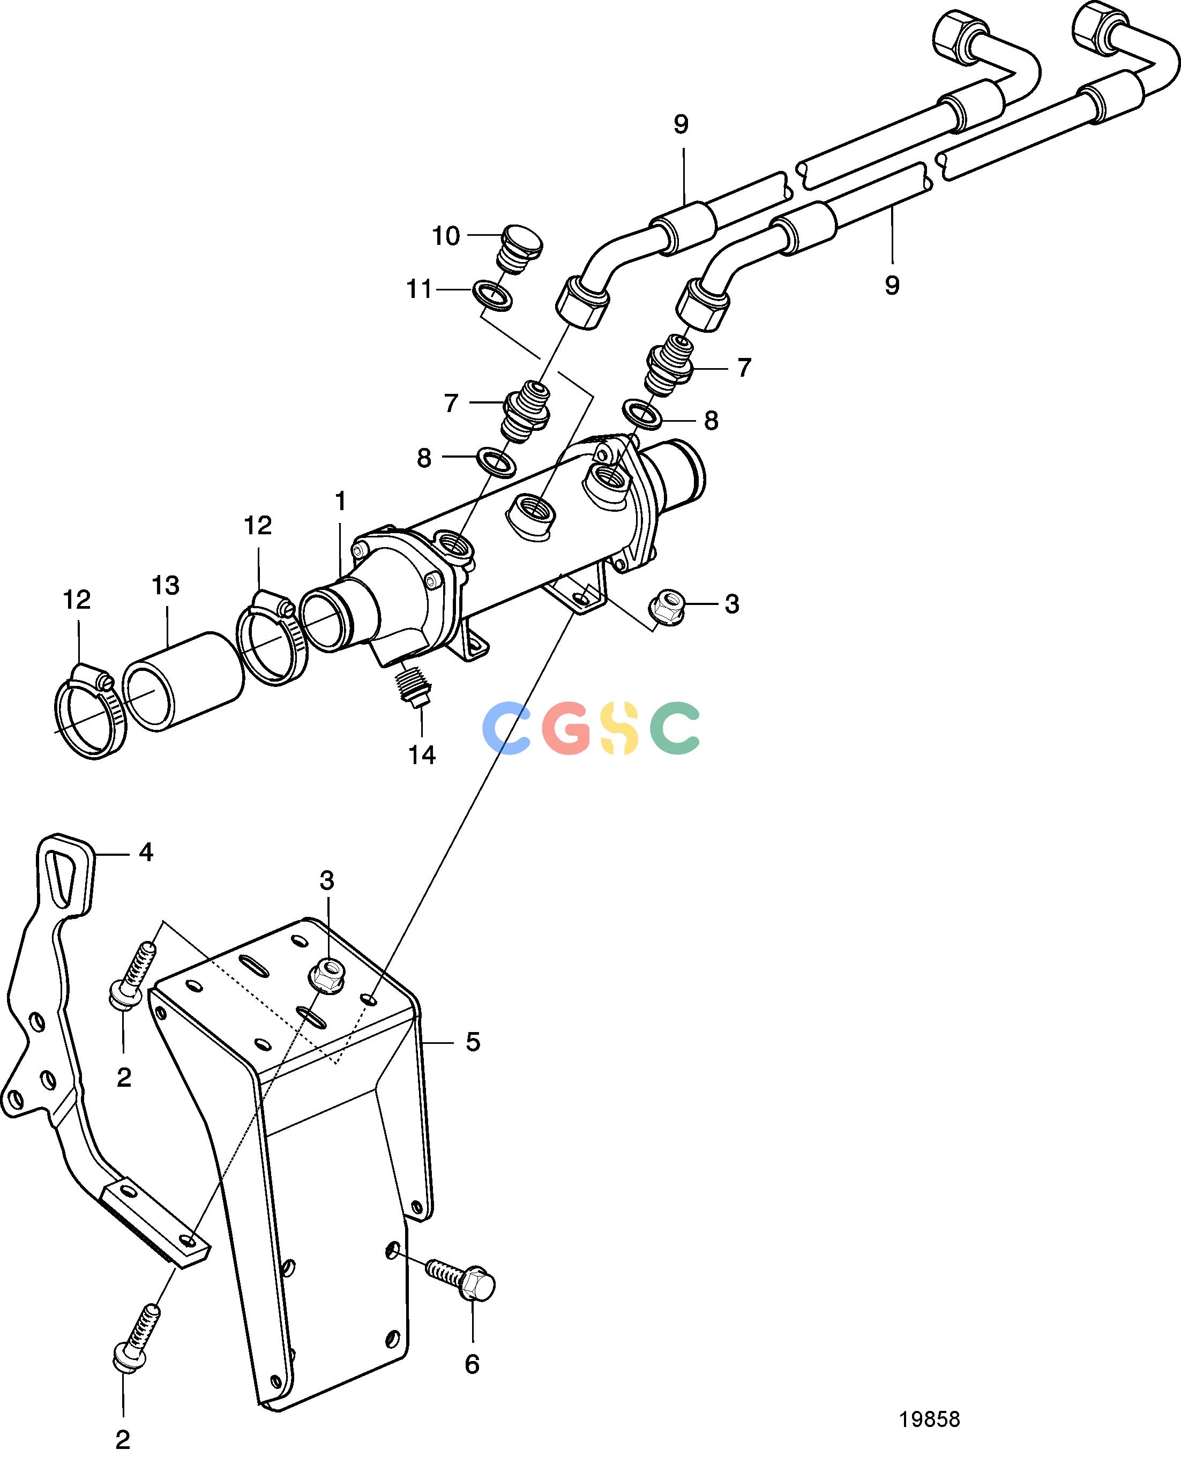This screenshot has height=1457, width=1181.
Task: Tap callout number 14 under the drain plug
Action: pyautogui.click(x=422, y=754)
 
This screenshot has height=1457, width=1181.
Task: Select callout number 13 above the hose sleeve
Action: pyautogui.click(x=166, y=586)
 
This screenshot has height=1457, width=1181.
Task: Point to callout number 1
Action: pyautogui.click(x=341, y=502)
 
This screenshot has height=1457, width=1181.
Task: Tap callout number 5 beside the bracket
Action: pyautogui.click(x=473, y=1041)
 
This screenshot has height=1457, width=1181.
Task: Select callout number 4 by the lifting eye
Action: pyautogui.click(x=146, y=853)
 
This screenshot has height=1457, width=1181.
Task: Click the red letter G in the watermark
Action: pyautogui.click(x=567, y=728)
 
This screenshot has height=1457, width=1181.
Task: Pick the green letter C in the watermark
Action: pyautogui.click(x=674, y=728)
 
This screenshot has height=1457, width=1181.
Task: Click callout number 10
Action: pyautogui.click(x=446, y=236)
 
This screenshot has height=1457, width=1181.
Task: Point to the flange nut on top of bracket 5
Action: pyautogui.click(x=329, y=977)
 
